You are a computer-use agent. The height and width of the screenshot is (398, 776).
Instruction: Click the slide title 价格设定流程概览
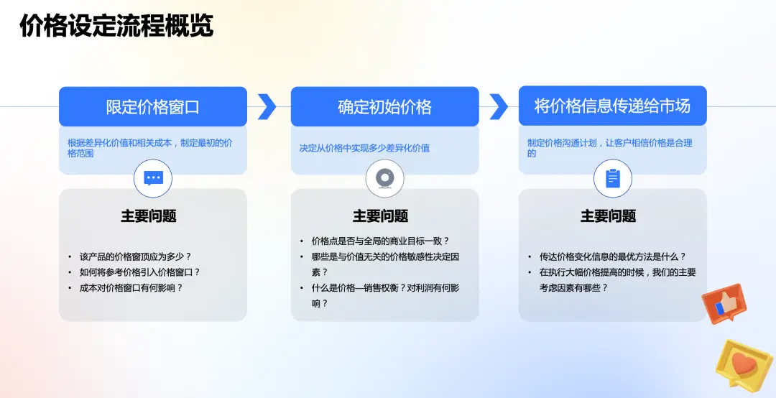[x=116, y=26]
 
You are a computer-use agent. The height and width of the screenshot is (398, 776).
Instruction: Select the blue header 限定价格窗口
[x=153, y=107]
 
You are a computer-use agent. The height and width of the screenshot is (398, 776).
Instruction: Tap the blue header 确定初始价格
[x=384, y=107]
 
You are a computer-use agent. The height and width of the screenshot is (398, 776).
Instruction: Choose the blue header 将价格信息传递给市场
[x=612, y=106]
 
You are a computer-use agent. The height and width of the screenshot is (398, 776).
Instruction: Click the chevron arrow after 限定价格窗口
[x=267, y=106]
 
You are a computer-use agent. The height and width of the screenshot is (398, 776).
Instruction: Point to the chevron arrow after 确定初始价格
[x=499, y=106]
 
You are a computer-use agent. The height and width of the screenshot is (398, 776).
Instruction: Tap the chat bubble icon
[x=153, y=178]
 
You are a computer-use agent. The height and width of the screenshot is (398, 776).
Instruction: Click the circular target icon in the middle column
[x=384, y=178]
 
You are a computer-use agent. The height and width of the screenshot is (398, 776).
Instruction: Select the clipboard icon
[x=612, y=178]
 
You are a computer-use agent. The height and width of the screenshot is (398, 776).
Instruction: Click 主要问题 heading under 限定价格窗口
[x=149, y=216]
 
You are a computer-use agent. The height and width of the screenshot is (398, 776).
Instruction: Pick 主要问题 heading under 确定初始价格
[x=380, y=216]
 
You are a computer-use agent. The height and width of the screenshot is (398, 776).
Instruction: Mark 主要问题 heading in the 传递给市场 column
[x=608, y=216]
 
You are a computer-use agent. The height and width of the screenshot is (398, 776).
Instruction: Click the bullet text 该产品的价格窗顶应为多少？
[x=136, y=256]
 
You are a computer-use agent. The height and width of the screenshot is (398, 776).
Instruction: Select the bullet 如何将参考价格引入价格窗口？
[x=140, y=272]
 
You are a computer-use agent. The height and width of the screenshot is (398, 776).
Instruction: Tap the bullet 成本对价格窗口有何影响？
[x=131, y=287]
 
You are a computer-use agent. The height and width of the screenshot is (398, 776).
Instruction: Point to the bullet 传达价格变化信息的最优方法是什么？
[x=613, y=256]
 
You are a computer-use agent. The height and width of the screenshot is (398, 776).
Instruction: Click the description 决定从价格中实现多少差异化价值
[x=364, y=149]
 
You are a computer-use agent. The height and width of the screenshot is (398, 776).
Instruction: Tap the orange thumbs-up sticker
[x=724, y=302]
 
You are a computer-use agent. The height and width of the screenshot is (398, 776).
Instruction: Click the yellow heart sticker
[x=745, y=364]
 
